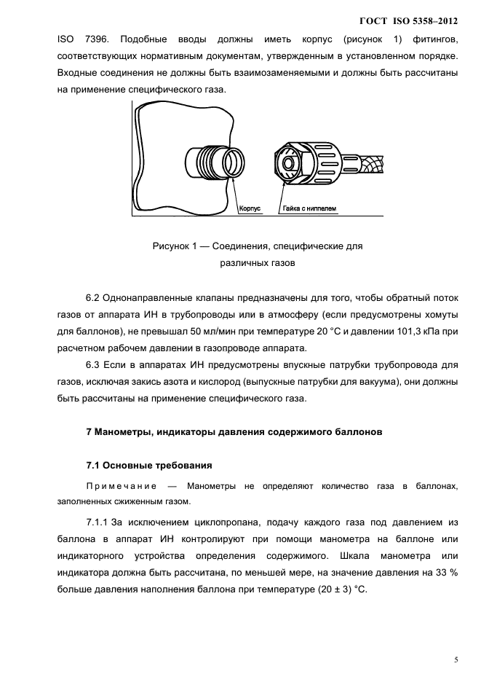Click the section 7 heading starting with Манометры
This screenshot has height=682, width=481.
pyautogui.click(x=239, y=433)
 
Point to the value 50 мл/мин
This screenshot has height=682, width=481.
pyautogui.click(x=208, y=332)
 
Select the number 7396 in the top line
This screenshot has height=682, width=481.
pyautogui.click(x=94, y=39)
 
